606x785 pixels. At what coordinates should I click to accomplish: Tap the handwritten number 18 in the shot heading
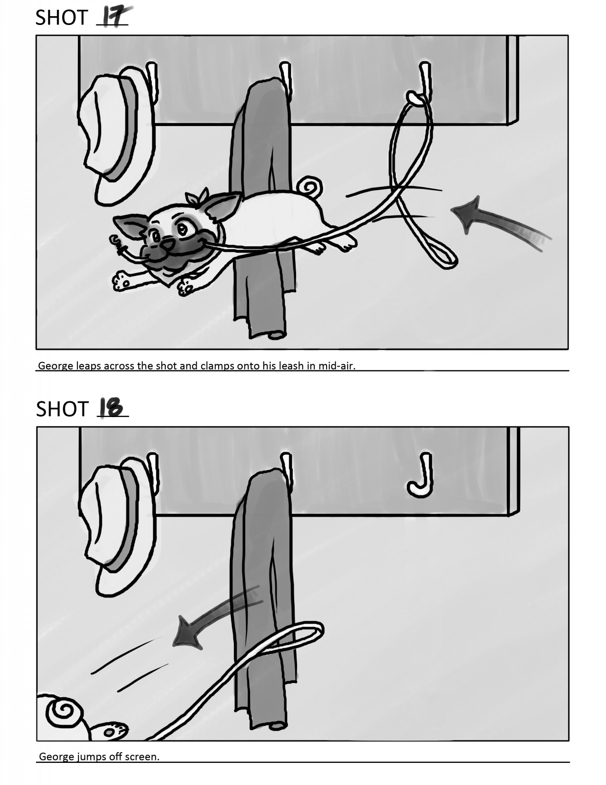111,408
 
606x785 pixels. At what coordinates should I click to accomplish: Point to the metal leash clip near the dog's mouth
117,243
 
